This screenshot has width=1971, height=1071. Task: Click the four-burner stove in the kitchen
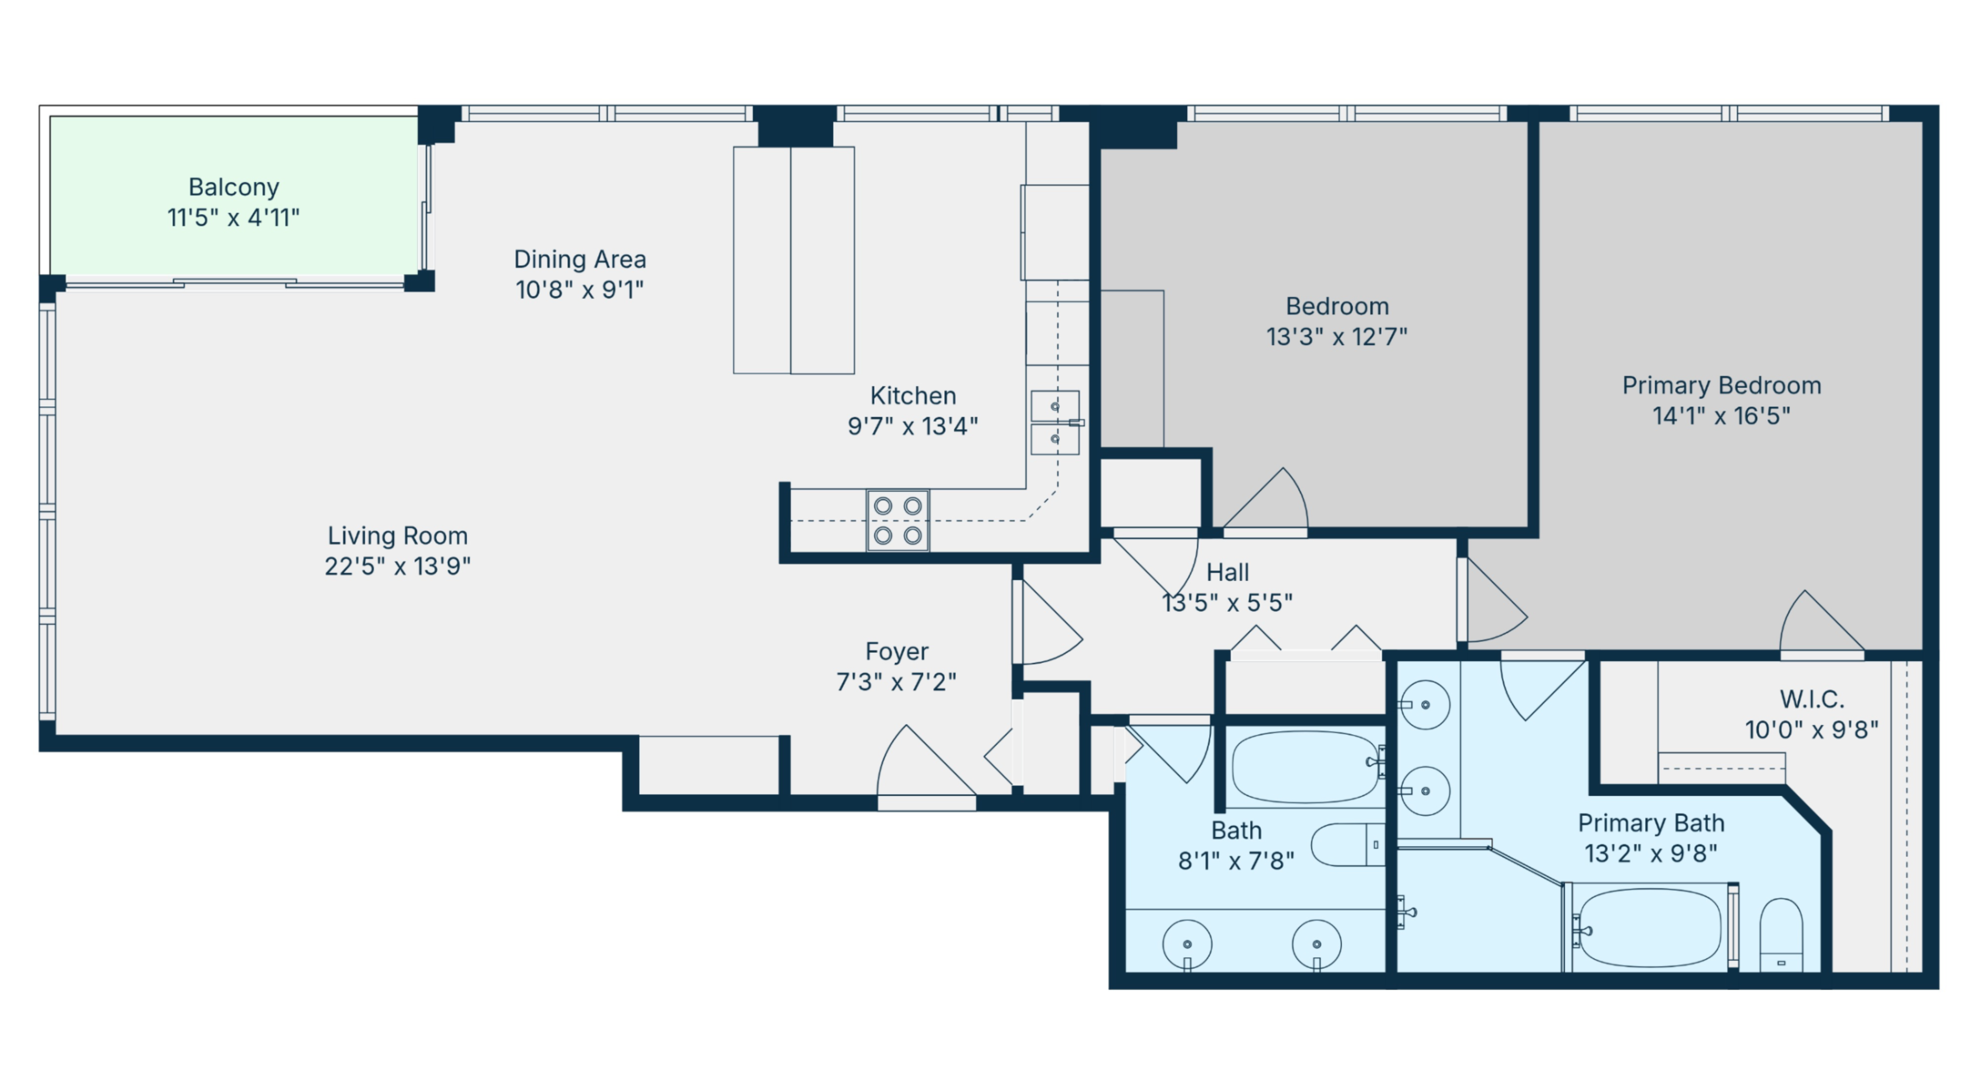898,520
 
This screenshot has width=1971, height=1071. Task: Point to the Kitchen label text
913,396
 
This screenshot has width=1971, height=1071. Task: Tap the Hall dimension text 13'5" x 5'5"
1227,603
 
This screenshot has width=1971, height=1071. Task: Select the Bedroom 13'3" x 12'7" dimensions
1337,337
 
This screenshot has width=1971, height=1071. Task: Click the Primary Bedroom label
1721,385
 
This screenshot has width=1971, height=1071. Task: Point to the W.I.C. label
1811,699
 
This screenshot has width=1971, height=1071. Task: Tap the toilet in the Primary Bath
1781,935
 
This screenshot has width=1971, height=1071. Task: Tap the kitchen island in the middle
794,260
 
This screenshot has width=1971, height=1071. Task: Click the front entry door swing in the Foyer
926,761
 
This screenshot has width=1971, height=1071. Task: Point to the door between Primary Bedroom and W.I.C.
1822,621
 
